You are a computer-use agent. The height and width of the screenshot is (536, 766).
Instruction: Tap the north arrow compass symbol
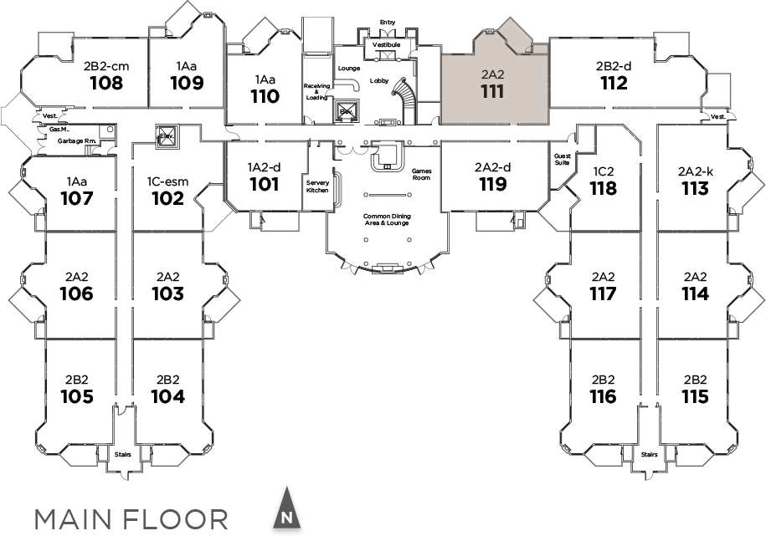coord(286,508)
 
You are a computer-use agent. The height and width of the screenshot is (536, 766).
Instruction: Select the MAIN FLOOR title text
coord(131,518)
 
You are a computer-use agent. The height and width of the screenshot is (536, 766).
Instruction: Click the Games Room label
coord(420,174)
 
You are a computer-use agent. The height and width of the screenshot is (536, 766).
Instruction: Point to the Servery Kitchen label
coord(317,186)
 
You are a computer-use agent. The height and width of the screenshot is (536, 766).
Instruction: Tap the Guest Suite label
coord(563,160)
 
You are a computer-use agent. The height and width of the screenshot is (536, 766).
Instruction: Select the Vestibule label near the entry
coord(386,44)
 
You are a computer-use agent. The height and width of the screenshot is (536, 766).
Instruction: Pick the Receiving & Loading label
coord(317,91)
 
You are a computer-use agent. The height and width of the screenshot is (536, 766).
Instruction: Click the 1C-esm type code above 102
coord(168,181)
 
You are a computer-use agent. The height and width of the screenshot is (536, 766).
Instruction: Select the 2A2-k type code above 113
coord(695,171)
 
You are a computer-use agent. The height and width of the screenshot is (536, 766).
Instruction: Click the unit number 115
coord(695,396)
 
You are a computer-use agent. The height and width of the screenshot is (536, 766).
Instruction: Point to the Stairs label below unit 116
coord(649,455)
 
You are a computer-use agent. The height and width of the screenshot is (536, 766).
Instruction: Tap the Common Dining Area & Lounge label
coord(387,220)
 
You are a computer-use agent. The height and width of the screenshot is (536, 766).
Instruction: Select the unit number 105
coord(76,396)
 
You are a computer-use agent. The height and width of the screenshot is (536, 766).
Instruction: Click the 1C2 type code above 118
coord(603,171)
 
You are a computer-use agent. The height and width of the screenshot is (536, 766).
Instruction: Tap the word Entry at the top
coord(387,23)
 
